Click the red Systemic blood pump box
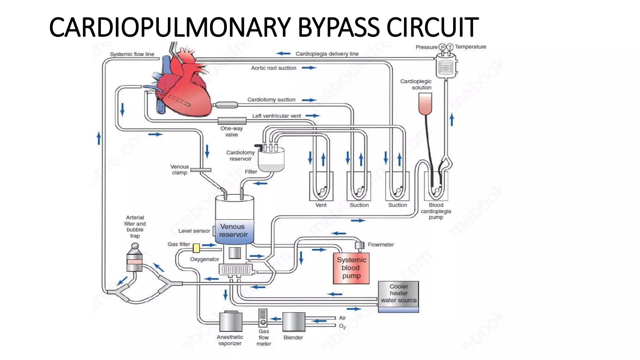[351, 268]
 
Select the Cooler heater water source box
[398, 294]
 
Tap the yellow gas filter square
[196, 248]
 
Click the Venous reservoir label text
[233, 231]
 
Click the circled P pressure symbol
[442, 47]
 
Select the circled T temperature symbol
[450, 47]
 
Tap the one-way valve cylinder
[232, 121]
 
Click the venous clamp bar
[201, 170]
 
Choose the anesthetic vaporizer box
[231, 322]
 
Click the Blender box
[294, 322]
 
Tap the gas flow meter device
[263, 318]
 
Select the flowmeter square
[360, 245]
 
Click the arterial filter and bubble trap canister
[135, 259]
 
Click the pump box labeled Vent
[321, 187]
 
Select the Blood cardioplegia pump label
[436, 211]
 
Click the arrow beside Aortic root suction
[309, 68]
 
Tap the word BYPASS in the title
[339, 27]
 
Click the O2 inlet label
[342, 326]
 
